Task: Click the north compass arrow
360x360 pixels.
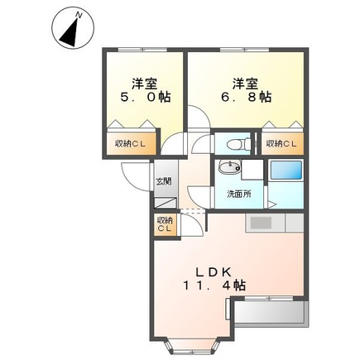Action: (x=70, y=31)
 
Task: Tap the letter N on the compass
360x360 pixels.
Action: (x=78, y=14)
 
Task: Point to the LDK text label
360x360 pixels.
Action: (x=218, y=271)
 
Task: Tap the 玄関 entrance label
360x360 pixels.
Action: (x=163, y=181)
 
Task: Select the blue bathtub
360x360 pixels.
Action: (x=286, y=171)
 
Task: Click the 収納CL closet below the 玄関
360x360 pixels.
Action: (x=164, y=224)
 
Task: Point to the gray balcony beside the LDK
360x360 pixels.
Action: (x=271, y=314)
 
